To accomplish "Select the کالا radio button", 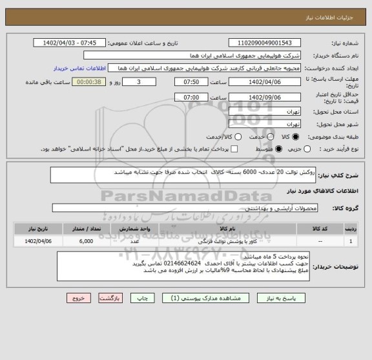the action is [296, 137].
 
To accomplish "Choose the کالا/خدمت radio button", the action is [238, 137].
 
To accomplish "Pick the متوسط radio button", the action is [278, 149].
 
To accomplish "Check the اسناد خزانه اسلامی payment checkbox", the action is [234, 149].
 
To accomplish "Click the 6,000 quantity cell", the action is [86, 241].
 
